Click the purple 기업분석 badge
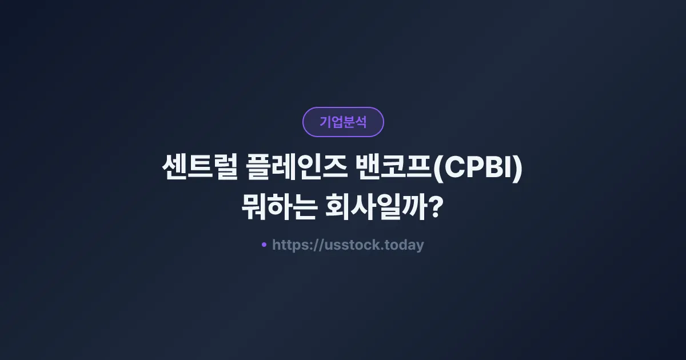pos(343,122)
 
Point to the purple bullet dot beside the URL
pos(264,245)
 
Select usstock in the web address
pos(349,245)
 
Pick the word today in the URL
pos(405,245)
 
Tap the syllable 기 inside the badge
pos(325,122)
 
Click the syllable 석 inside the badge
pos(361,122)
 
